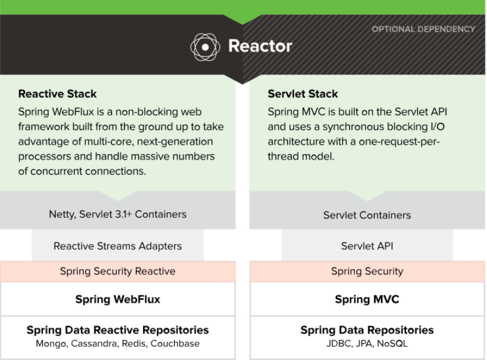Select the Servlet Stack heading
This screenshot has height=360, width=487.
tap(303, 94)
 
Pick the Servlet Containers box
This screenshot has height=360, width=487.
tap(367, 215)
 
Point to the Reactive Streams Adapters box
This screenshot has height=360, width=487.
tap(117, 246)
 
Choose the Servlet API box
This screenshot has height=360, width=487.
tap(367, 246)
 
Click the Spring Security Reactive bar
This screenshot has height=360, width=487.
tap(117, 271)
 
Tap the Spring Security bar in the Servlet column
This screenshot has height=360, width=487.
tap(367, 271)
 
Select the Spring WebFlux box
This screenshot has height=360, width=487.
tap(117, 299)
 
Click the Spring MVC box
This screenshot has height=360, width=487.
tap(367, 299)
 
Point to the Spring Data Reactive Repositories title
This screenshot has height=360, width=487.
tap(117, 330)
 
